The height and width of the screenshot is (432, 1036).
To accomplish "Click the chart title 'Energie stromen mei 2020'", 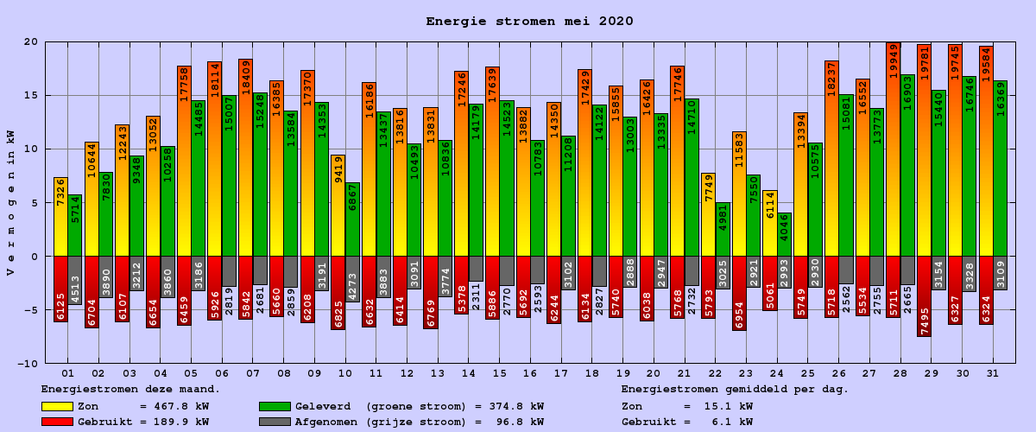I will [x=529, y=22].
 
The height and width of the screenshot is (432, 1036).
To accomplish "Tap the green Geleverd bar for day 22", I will [x=723, y=230].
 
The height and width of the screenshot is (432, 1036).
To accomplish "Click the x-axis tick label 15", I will [x=499, y=373].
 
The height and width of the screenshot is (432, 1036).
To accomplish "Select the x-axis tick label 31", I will [x=993, y=373].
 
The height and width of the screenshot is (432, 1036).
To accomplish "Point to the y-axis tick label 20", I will [x=30, y=41].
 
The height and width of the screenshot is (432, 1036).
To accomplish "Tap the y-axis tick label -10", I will [x=27, y=364].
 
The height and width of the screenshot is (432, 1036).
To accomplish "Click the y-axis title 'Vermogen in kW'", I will [x=10, y=203].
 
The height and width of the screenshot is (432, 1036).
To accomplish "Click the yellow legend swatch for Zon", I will [x=57, y=406].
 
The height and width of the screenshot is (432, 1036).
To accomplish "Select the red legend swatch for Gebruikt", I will [x=57, y=422].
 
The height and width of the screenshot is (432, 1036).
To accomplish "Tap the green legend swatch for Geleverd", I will [x=275, y=406].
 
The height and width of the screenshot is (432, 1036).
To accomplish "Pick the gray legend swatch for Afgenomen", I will [x=275, y=422].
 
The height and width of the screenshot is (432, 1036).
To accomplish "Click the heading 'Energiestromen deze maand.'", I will [x=130, y=390].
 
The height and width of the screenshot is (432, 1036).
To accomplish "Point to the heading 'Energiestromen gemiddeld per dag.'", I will [x=735, y=390].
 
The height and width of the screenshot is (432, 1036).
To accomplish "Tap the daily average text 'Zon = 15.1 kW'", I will [x=686, y=406].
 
